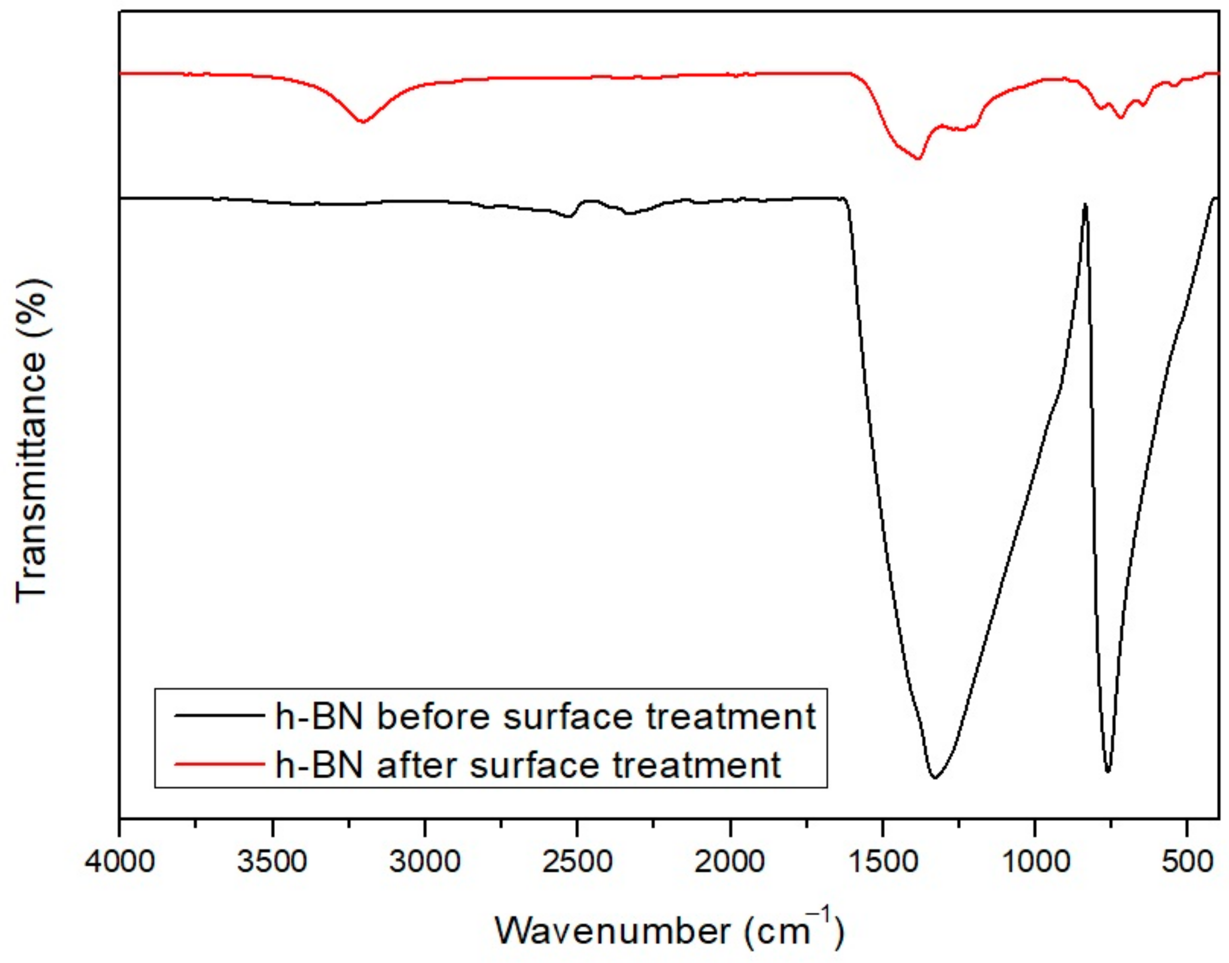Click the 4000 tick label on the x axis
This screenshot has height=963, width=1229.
point(119,863)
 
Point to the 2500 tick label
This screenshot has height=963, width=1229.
point(577,863)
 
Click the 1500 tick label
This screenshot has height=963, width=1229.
point(883,863)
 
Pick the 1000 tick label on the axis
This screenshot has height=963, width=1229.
point(1035,863)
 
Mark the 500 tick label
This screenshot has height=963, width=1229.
point(1187,863)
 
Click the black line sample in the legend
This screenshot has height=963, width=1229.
point(220,715)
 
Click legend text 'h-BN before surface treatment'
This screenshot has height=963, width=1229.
point(545,717)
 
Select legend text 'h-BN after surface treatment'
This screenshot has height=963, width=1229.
point(528,765)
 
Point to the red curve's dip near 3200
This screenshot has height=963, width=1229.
point(362,121)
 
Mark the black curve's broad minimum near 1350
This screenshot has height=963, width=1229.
point(935,777)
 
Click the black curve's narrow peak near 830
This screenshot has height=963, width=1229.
point(1085,206)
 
